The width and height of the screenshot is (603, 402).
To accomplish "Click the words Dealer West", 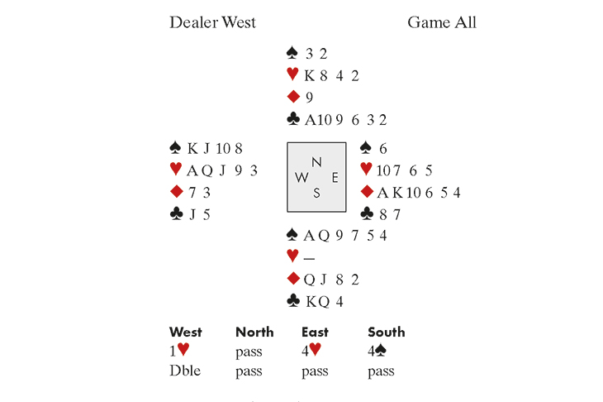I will pos(212,22).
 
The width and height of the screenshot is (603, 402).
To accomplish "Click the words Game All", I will pos(441,22).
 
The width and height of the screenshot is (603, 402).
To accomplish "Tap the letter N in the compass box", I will pos(316,161).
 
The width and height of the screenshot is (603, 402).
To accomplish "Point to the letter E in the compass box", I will pos(335,177).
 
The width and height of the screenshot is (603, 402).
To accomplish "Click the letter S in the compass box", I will pos(316,194).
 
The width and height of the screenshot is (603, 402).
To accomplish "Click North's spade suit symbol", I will pos(292,54).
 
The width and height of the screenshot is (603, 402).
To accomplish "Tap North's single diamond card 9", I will pos(309,98).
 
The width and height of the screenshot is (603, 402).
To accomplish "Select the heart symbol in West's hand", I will pos(175,170).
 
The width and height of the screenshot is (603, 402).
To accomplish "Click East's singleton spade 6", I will pos(383,148).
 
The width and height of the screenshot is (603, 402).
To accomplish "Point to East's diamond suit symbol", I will pos(367,193).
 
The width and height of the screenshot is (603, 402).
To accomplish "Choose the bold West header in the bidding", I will pos(186,333).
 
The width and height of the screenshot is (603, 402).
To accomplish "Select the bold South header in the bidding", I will pos(386,333).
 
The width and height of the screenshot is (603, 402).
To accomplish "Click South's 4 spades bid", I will pos(376,351).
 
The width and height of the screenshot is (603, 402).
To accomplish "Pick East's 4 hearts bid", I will pos(310,351).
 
